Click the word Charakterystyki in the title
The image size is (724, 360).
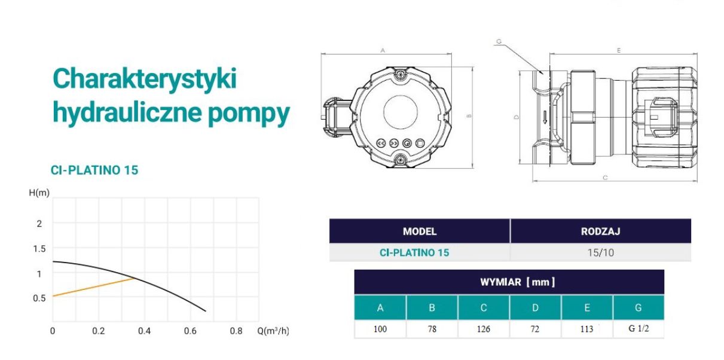pyautogui.click(x=145, y=79)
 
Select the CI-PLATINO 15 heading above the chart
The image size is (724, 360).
pyautogui.click(x=94, y=170)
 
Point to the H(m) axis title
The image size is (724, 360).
pyautogui.click(x=39, y=193)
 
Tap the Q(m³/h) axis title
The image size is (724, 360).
pyautogui.click(x=273, y=331)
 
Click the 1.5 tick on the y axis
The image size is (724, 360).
pyautogui.click(x=39, y=249)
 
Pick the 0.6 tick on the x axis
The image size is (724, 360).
pyautogui.click(x=190, y=331)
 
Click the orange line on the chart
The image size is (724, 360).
pyautogui.click(x=93, y=287)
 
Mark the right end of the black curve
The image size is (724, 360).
pyautogui.click(x=206, y=311)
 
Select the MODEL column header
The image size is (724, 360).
pyautogui.click(x=420, y=231)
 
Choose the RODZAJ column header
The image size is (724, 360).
pyautogui.click(x=600, y=231)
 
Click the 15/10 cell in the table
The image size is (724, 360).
pyautogui.click(x=600, y=252)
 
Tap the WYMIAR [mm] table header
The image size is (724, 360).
pyautogui.click(x=518, y=282)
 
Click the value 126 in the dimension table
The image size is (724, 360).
pyautogui.click(x=484, y=329)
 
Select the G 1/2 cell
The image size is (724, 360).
pyautogui.click(x=639, y=329)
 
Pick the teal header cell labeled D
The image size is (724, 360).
pyautogui.click(x=535, y=307)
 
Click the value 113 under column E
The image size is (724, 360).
pyautogui.click(x=586, y=329)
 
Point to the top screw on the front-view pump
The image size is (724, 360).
pyautogui.click(x=400, y=75)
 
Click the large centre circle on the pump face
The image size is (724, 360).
pyautogui.click(x=400, y=112)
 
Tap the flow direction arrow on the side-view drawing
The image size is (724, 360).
pyautogui.click(x=545, y=117)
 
